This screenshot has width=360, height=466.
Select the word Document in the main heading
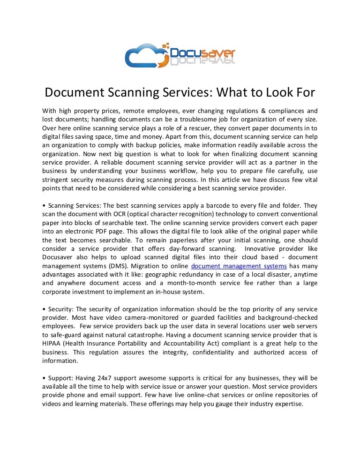click(79, 92)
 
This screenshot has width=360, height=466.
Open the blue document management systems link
click(239, 266)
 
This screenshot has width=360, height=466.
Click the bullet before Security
click(44, 309)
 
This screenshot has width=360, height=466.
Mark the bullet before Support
click(44, 378)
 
